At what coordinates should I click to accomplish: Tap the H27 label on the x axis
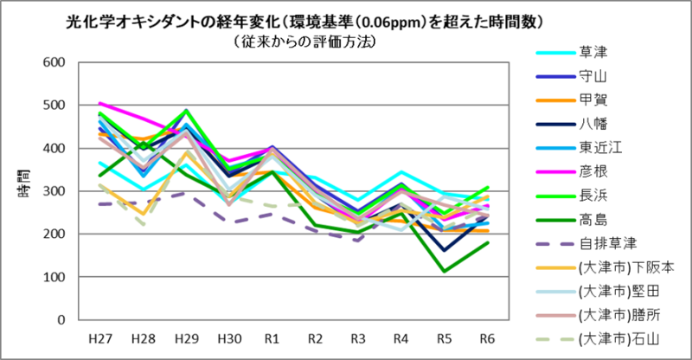click(x=101, y=337)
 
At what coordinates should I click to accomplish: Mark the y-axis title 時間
click(x=23, y=191)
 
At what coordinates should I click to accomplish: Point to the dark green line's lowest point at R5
click(x=445, y=271)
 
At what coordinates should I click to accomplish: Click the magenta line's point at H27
click(x=101, y=103)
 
